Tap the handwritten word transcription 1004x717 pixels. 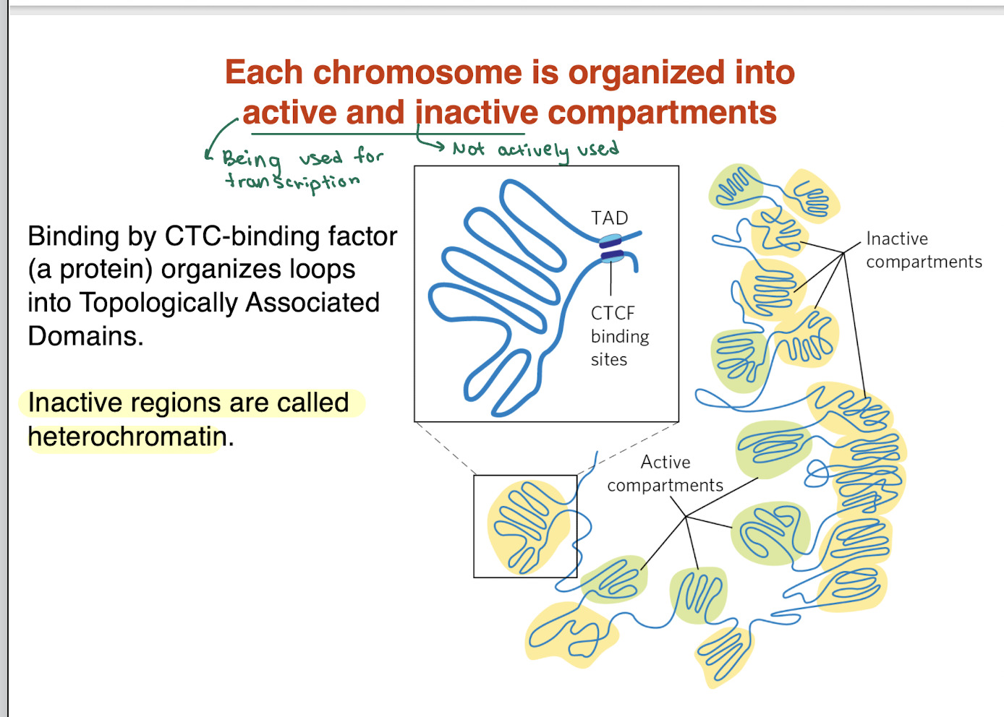tap(292, 181)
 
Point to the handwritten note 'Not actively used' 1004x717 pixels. tap(535, 150)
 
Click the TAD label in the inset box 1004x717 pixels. tap(609, 218)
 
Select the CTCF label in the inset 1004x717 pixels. tap(613, 313)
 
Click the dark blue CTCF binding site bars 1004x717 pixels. tap(611, 249)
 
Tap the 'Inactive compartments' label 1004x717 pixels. tap(924, 250)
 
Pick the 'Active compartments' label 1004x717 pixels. tap(665, 473)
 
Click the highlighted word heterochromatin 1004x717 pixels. tap(127, 437)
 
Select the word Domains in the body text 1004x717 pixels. tap(85, 336)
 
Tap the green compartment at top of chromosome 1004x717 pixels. tap(736, 186)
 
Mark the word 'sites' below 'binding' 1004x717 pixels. tap(608, 359)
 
